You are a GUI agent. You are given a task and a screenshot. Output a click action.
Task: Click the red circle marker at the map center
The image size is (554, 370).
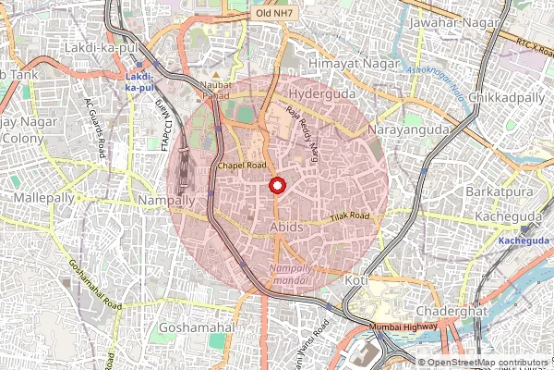(x=276, y=185)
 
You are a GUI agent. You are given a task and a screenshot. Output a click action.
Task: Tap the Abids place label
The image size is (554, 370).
(x=286, y=226)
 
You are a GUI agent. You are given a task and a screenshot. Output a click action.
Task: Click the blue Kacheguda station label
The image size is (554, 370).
(x=524, y=240)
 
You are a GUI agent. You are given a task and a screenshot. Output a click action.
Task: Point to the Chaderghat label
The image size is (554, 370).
(x=451, y=311)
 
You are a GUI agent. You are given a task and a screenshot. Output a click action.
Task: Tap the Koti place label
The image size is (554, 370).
(x=355, y=279)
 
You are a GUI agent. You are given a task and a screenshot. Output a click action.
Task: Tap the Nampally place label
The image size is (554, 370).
(x=165, y=200)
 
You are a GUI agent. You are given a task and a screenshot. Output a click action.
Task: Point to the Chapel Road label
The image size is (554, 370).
(x=242, y=166)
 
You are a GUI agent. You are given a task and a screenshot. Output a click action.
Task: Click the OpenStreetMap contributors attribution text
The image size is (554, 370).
(x=486, y=363)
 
